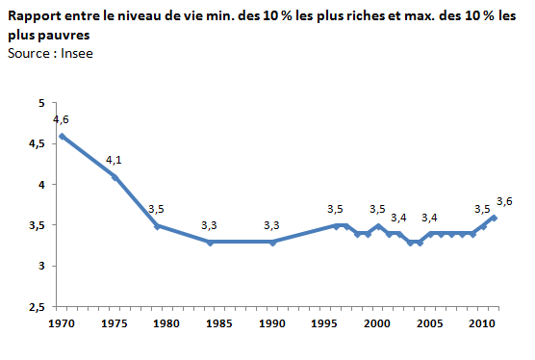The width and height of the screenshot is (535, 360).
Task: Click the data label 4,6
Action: [61, 119]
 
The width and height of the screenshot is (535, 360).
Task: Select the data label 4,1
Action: [115, 160]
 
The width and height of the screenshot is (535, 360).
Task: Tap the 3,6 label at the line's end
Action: [504, 201]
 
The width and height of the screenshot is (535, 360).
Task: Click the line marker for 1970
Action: [62, 136]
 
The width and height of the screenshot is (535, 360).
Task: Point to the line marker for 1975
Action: [115, 176]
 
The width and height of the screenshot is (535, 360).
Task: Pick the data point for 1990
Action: [272, 242]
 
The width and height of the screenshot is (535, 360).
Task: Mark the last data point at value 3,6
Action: [494, 218]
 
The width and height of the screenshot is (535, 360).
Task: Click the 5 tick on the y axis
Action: [40, 103]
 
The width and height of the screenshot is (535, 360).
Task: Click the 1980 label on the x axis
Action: [166, 323]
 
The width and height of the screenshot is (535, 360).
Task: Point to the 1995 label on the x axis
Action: [324, 323]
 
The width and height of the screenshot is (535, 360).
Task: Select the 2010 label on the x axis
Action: [482, 323]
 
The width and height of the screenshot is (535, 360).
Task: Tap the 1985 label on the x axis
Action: [219, 323]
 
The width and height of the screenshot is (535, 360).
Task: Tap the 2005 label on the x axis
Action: [430, 323]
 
